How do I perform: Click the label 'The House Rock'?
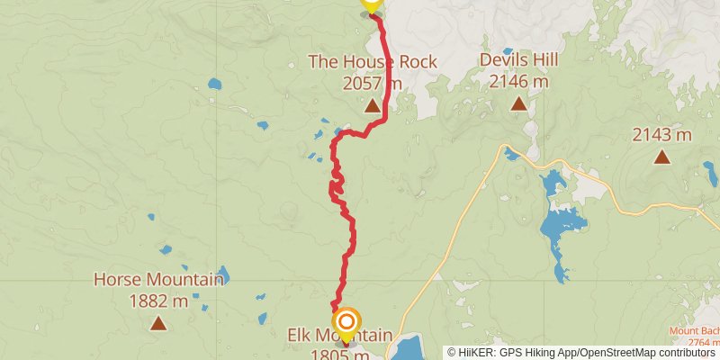(x=372, y=62)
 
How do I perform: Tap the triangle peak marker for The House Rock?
(x=372, y=106)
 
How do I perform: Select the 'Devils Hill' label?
(x=518, y=60)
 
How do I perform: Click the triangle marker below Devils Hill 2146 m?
(x=518, y=104)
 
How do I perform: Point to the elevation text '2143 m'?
(x=661, y=135)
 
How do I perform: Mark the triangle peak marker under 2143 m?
(x=661, y=157)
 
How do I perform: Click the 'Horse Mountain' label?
(x=158, y=280)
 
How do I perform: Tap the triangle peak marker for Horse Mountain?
(x=158, y=323)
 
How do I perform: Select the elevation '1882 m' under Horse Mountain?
(x=158, y=300)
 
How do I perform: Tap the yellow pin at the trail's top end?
(x=371, y=4)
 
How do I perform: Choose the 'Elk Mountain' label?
(x=339, y=336)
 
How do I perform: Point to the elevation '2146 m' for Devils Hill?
(x=518, y=82)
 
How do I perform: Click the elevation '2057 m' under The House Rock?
(x=372, y=83)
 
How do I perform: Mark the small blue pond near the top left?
(x=214, y=85)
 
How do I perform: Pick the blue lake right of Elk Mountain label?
(x=409, y=346)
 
